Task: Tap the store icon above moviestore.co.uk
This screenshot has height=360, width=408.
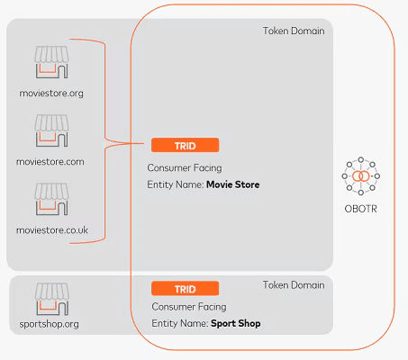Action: [51, 201]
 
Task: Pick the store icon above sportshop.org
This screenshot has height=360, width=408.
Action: [51, 298]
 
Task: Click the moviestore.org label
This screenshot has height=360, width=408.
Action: [51, 93]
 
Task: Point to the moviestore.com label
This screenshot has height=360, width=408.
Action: [51, 162]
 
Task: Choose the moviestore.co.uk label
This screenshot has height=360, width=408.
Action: [52, 230]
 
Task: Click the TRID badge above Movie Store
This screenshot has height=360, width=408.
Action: [185, 145]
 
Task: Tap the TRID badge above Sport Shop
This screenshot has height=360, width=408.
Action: [185, 289]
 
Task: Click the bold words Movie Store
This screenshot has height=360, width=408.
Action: [232, 184]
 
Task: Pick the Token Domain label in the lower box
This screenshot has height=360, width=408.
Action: [292, 285]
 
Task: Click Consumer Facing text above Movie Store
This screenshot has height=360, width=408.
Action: [184, 167]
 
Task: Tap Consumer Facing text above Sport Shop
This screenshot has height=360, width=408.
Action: [188, 307]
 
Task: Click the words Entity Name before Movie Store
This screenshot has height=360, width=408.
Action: [176, 184]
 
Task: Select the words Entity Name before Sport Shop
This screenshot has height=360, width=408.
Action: [179, 323]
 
